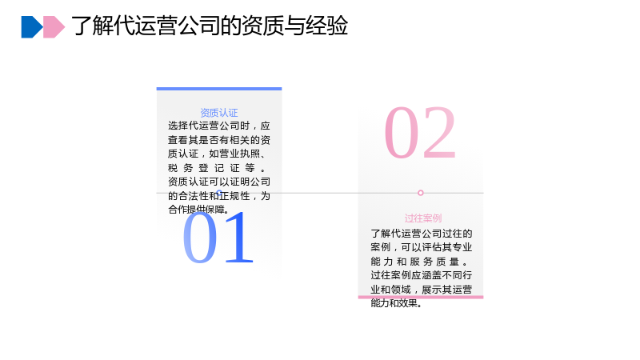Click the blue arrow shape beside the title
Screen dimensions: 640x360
[x=31, y=27]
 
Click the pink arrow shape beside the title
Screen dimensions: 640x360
[x=54, y=27]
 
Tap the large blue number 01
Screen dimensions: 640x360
[x=218, y=237]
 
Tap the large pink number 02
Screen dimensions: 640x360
[x=420, y=132]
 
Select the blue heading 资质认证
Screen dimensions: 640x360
[x=218, y=113]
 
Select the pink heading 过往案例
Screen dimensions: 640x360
[x=423, y=218]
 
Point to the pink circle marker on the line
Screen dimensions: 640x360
[x=421, y=193]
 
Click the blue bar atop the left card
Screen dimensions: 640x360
[x=219, y=89]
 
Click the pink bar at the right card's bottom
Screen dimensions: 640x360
[x=421, y=297]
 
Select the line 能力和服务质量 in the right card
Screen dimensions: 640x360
[x=418, y=262]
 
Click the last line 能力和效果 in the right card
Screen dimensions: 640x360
[x=396, y=303]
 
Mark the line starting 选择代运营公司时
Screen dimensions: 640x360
[x=218, y=126]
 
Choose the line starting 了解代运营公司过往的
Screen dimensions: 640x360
[x=422, y=234]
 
